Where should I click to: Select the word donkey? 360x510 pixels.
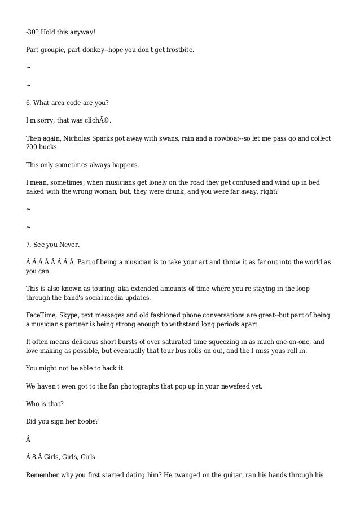tap(84, 50)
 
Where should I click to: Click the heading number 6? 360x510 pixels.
tap(29, 103)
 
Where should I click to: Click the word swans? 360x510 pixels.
tap(174, 138)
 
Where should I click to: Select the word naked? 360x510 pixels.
tap(37, 192)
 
